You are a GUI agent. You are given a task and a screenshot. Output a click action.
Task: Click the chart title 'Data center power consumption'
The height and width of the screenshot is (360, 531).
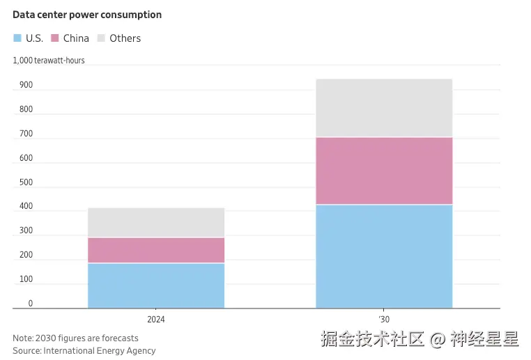pyautogui.click(x=87, y=15)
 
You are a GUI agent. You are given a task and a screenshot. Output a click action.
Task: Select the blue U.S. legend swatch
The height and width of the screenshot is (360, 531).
pyautogui.click(x=17, y=38)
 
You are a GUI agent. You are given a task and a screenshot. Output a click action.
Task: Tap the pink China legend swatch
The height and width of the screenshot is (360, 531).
pyautogui.click(x=55, y=38)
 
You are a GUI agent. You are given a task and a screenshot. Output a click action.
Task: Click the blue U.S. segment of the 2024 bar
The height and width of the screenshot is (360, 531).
pyautogui.click(x=156, y=285)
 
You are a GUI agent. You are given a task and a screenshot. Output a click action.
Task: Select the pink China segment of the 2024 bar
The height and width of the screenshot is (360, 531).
pyautogui.click(x=156, y=250)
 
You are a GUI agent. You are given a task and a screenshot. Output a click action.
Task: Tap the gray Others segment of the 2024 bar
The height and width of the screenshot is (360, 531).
pyautogui.click(x=156, y=222)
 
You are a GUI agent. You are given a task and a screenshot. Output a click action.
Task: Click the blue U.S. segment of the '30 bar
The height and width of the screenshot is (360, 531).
pyautogui.click(x=384, y=256)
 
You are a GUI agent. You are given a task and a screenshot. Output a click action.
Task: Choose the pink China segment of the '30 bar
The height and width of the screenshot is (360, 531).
pyautogui.click(x=384, y=171)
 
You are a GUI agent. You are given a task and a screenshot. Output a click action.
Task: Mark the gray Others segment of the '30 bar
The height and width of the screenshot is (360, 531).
pyautogui.click(x=384, y=108)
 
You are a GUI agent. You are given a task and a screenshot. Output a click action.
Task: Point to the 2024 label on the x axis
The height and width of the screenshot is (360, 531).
pyautogui.click(x=156, y=319)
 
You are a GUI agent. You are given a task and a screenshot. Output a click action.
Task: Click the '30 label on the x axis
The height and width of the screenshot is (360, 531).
pyautogui.click(x=384, y=319)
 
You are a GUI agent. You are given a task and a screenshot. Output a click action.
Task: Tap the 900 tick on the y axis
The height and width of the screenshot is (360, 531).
pyautogui.click(x=26, y=85)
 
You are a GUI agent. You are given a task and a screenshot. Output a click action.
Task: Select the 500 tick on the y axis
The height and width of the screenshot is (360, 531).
pyautogui.click(x=26, y=182)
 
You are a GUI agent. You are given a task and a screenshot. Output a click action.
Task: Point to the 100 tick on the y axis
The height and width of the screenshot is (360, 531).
pyautogui.click(x=26, y=279)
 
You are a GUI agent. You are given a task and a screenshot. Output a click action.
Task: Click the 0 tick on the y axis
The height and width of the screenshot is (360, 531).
pyautogui.click(x=30, y=304)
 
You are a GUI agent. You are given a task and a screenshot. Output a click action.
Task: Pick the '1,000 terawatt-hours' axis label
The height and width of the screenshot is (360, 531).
pyautogui.click(x=49, y=61)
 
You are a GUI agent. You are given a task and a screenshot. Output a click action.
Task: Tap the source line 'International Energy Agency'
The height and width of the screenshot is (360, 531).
pyautogui.click(x=100, y=350)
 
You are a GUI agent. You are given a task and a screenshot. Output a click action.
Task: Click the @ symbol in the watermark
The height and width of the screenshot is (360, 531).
pyautogui.click(x=437, y=341)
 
